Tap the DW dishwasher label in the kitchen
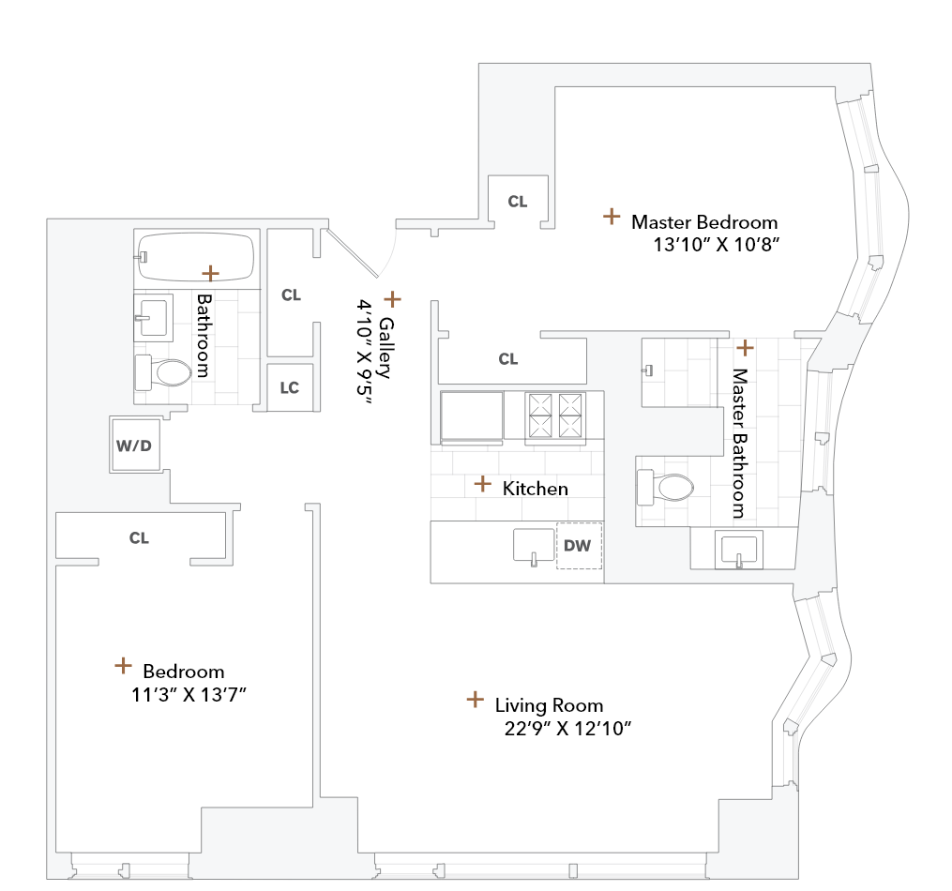[x=578, y=545]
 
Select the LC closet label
[x=290, y=387]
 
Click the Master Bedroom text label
[x=704, y=222]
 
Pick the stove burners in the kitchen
[x=556, y=415]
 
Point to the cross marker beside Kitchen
[x=482, y=484]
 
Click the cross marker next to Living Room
[x=475, y=700]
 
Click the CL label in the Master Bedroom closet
[x=517, y=202]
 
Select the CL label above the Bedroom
[x=139, y=538]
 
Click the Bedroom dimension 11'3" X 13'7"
[x=194, y=694]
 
